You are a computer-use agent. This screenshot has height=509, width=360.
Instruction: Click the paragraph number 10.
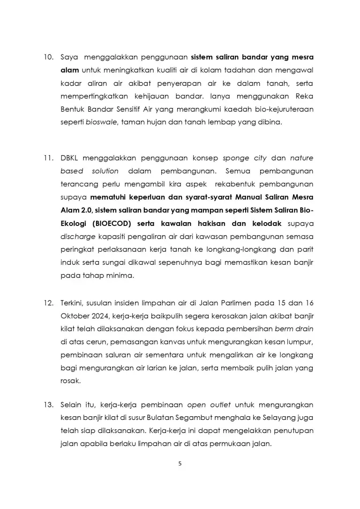point(49,58)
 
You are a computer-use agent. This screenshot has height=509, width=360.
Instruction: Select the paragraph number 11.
point(49,158)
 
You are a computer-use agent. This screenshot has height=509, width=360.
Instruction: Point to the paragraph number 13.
point(49,404)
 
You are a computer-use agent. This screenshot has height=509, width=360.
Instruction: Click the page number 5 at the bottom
point(180,464)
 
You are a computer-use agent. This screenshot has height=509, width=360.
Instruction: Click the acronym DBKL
point(70,158)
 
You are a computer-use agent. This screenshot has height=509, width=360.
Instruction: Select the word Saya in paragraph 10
point(69,58)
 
